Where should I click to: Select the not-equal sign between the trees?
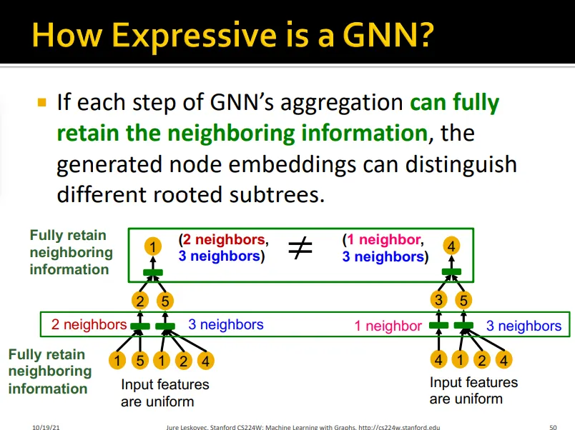tap(301, 248)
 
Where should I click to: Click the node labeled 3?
tap(440, 300)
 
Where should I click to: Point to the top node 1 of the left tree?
tap(153, 247)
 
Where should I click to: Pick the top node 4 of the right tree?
tap(451, 246)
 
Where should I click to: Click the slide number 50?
tap(553, 426)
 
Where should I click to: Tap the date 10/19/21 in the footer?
tap(45, 426)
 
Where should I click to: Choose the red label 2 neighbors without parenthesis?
tap(88, 325)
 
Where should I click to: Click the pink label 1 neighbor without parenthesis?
tap(388, 326)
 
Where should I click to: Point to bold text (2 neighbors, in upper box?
tap(224, 240)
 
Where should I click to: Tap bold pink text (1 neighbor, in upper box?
tap(383, 240)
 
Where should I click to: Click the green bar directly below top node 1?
tap(153, 272)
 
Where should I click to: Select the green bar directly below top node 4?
tap(451, 272)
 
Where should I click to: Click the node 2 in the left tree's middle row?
tap(140, 301)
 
